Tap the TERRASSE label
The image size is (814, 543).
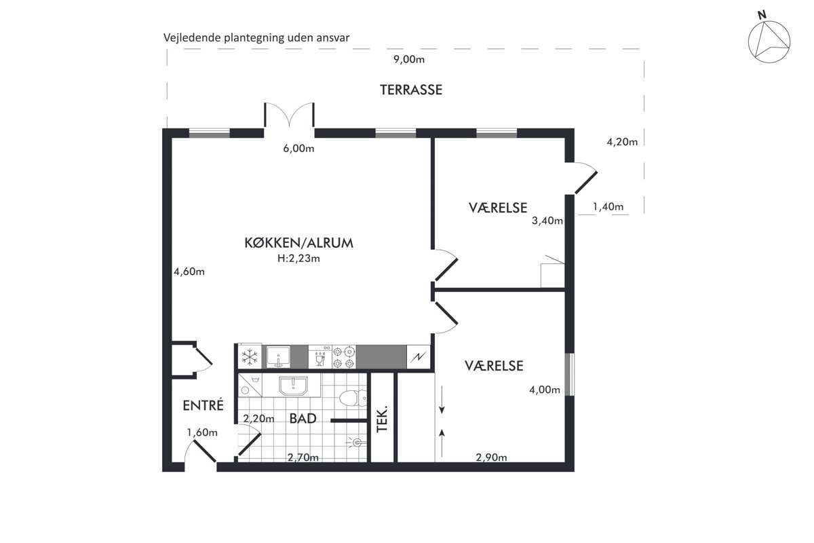[411, 90]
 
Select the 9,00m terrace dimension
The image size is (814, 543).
[409, 59]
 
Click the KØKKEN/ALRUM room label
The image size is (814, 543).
[298, 242]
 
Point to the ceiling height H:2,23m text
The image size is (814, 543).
[298, 258]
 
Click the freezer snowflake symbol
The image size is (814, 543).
[250, 357]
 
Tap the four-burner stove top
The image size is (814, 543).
[344, 357]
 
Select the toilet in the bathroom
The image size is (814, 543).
[353, 398]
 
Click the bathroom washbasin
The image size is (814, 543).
[293, 386]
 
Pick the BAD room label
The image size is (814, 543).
[303, 418]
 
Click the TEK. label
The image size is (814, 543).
[382, 419]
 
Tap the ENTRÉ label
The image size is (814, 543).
[203, 405]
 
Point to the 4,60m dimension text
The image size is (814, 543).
[189, 271]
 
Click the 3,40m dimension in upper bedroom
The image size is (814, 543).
[547, 221]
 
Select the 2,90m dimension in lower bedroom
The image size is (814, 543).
[491, 457]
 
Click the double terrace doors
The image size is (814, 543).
[289, 115]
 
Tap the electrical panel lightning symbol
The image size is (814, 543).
[419, 357]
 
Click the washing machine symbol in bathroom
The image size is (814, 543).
[250, 385]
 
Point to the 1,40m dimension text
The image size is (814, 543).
[608, 207]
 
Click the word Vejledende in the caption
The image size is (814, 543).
[192, 38]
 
